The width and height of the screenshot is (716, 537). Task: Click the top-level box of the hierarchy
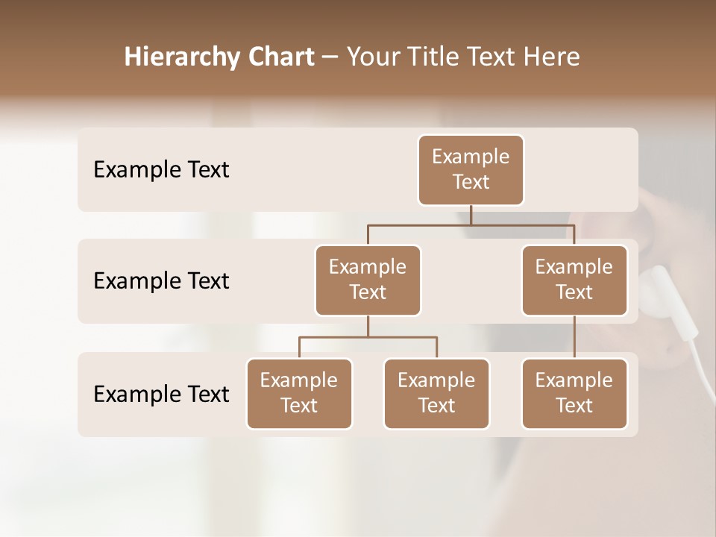point(471,169)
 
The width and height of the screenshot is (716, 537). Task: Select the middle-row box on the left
point(368,280)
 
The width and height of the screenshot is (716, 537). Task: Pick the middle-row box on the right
point(574,280)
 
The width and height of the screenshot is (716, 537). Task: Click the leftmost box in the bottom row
point(299,393)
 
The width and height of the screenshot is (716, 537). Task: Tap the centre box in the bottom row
point(436,393)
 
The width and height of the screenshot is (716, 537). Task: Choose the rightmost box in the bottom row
point(574,393)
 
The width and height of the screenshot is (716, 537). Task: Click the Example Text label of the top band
point(161,170)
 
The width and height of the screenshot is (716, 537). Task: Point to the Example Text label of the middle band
point(161,281)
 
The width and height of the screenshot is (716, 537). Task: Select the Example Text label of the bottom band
point(161,394)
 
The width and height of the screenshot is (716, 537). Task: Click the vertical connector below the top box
point(471,215)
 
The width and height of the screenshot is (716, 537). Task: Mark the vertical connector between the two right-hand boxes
point(574,337)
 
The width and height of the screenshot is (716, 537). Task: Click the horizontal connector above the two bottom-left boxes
point(368,337)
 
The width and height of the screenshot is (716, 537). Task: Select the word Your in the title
point(373,57)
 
